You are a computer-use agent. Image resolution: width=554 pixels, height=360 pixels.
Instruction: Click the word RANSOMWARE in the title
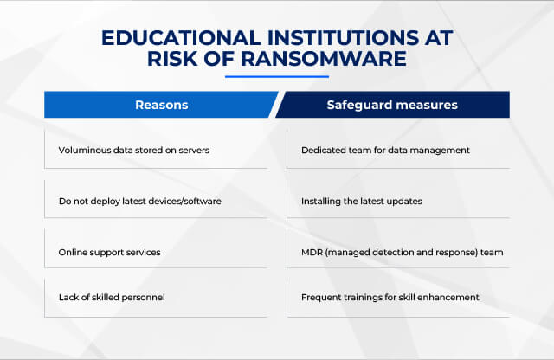[x=323, y=58]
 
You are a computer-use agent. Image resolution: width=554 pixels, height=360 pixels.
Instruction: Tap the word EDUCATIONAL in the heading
[x=181, y=38]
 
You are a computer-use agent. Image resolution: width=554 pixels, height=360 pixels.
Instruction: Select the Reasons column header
[x=162, y=105]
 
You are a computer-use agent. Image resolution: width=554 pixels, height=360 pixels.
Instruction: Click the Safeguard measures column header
[x=392, y=105]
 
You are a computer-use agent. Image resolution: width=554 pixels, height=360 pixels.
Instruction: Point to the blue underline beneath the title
[x=277, y=76]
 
